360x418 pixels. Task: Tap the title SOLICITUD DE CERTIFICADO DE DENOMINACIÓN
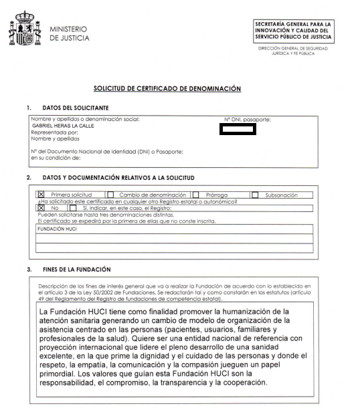click(167, 88)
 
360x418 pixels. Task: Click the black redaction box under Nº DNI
click(238, 128)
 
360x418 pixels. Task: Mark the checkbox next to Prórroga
click(195, 195)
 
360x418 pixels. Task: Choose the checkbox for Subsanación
click(255, 195)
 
